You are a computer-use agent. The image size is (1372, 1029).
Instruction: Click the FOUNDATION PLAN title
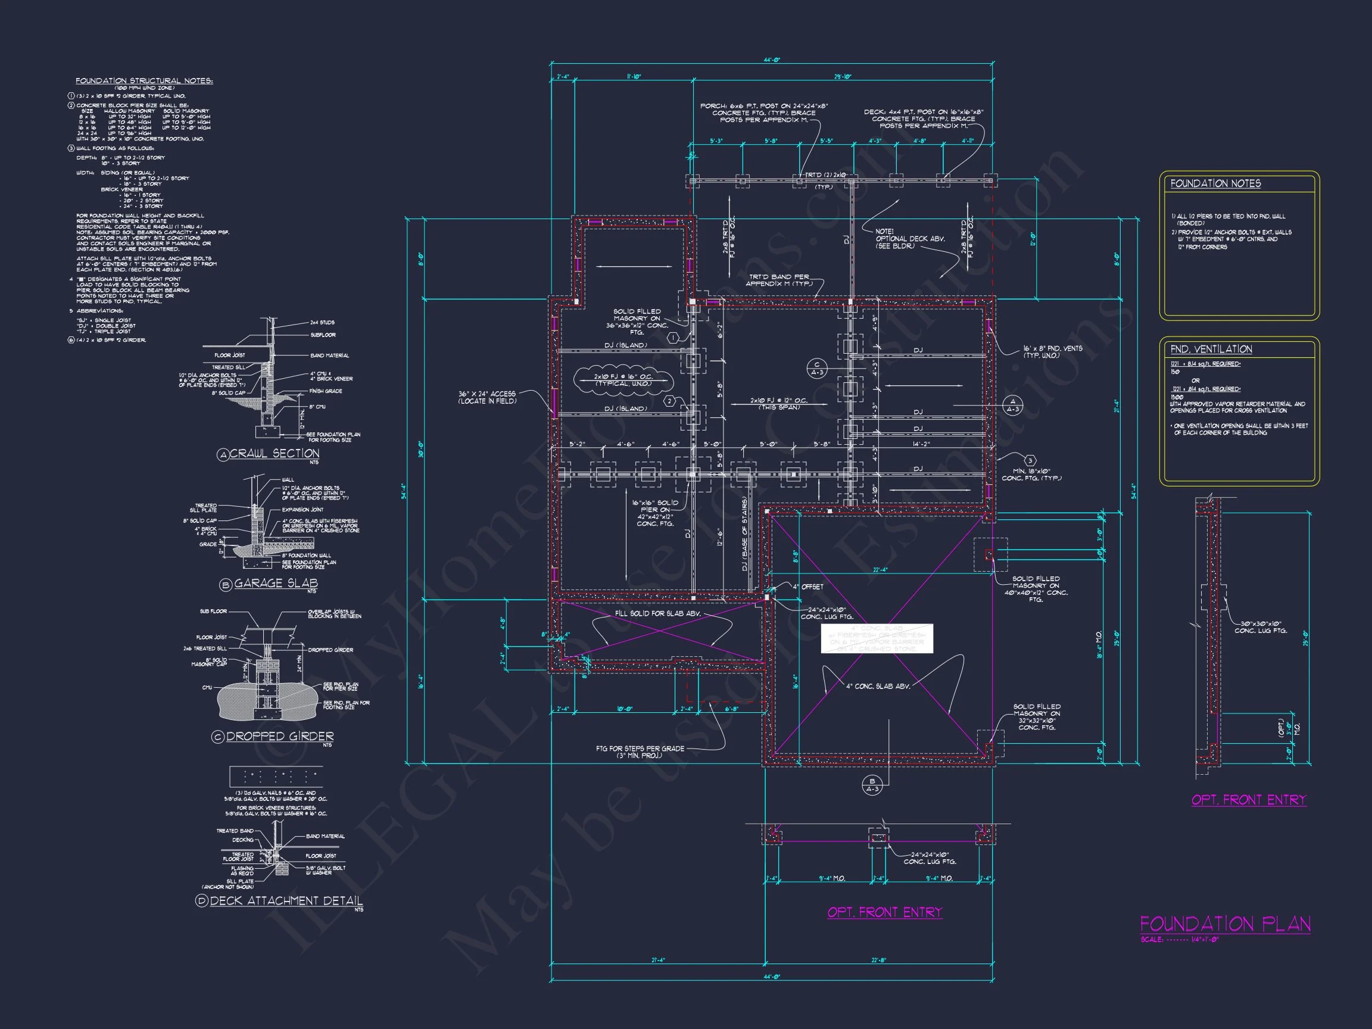(1224, 925)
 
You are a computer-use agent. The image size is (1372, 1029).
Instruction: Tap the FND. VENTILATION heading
(1211, 349)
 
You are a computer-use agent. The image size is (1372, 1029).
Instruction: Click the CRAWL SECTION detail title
(273, 454)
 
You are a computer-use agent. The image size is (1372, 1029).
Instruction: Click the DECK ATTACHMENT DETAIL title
(285, 900)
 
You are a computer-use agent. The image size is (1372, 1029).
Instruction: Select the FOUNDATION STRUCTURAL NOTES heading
(144, 80)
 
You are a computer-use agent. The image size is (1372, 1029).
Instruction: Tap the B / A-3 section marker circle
(872, 785)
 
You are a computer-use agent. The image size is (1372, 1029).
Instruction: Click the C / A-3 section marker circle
(817, 369)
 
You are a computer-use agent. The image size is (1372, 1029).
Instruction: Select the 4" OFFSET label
(807, 587)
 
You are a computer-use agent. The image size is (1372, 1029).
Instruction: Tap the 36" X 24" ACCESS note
(488, 398)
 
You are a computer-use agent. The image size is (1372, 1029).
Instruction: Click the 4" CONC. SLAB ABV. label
(878, 686)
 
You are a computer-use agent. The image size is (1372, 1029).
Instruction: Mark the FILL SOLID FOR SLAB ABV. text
(657, 613)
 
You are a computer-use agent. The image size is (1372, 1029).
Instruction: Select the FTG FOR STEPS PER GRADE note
(640, 752)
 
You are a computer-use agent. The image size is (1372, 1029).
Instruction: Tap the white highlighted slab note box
(877, 638)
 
